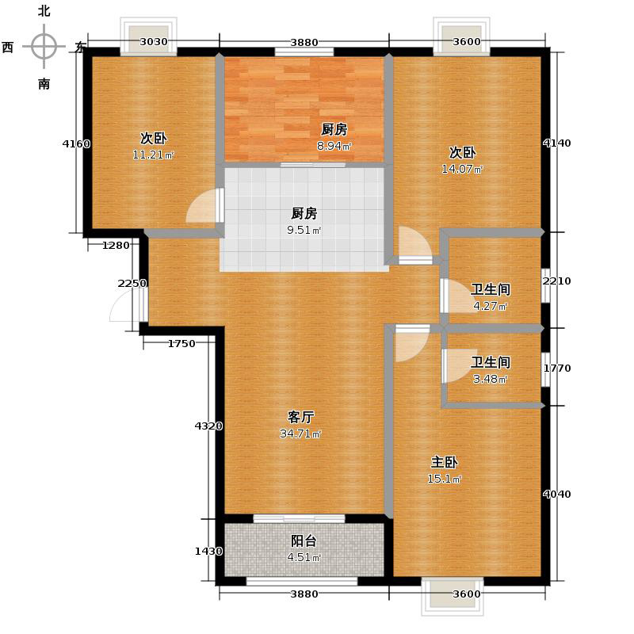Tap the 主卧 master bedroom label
point(445,462)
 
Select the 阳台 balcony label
point(304,541)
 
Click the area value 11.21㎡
point(153,155)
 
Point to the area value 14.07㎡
point(462,169)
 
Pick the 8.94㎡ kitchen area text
point(334,146)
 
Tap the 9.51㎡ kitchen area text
point(304,231)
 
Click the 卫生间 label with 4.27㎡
point(490,290)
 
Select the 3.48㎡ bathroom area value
point(490,379)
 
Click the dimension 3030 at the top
point(154,42)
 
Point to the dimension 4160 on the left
point(76,144)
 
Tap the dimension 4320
point(208,426)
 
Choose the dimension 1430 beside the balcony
point(208,552)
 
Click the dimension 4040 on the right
point(556,495)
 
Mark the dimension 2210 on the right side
point(556,281)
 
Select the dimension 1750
point(181,343)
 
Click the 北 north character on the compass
point(44,11)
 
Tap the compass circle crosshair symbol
point(44,47)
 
